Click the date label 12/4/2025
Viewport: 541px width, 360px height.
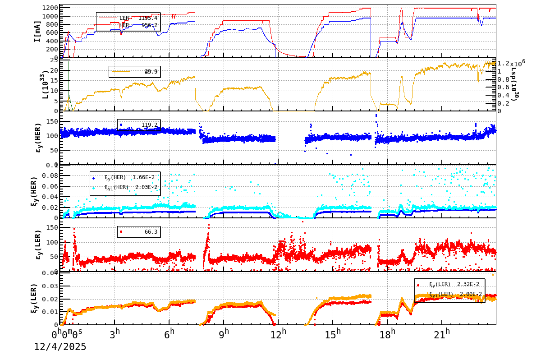point(60,347)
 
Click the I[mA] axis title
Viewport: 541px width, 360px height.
point(38,31)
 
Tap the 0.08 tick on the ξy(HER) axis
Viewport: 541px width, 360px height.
point(50,175)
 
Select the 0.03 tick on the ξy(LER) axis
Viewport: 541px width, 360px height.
point(50,286)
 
